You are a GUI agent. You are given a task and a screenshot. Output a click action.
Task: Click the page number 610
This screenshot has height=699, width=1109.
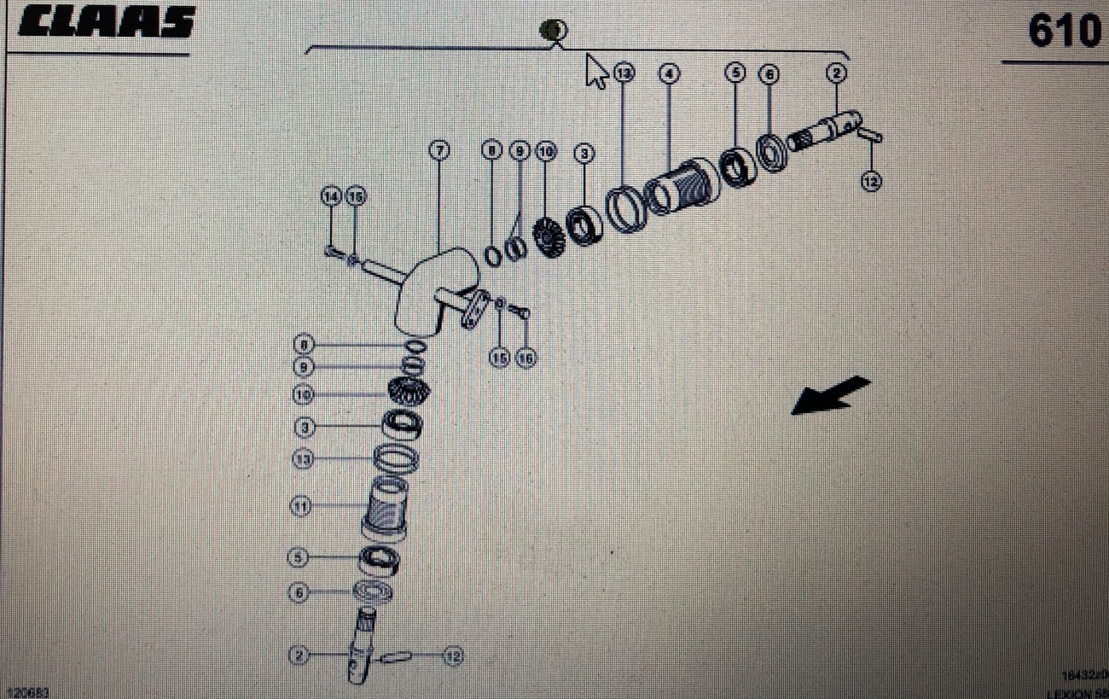pos(1063,32)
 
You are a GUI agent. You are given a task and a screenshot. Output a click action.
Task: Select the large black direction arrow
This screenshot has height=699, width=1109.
pos(830,396)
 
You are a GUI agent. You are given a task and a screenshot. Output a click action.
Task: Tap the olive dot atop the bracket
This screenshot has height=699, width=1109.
pos(554,31)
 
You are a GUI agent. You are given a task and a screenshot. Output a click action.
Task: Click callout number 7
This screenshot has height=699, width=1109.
pos(438,151)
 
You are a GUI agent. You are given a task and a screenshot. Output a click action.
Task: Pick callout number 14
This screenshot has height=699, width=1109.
pos(330,196)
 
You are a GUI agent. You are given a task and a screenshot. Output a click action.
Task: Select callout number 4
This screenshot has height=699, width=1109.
pos(669,73)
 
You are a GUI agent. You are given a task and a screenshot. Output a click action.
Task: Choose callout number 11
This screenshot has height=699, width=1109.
pos(300,506)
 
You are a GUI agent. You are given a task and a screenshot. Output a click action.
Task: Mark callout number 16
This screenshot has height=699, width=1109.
pos(526,358)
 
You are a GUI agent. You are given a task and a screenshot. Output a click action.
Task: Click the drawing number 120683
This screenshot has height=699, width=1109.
pos(25,691)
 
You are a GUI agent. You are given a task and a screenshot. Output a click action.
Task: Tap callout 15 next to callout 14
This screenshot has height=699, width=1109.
pos(355,196)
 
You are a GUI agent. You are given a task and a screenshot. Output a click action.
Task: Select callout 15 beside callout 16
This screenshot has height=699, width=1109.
pos(501,358)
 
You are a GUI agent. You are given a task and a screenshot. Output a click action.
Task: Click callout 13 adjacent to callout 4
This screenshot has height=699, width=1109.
pos(625,73)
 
